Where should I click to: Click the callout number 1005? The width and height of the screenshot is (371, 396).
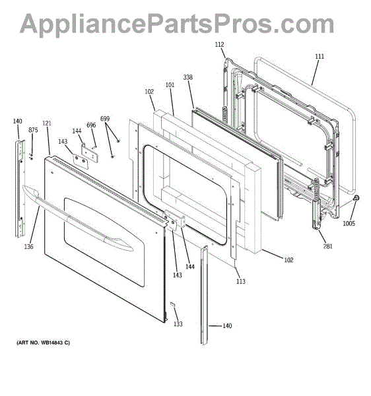349,223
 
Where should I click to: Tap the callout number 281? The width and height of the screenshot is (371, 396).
328,246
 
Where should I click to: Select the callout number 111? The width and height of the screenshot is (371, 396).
320,56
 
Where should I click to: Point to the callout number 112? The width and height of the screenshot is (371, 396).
219,44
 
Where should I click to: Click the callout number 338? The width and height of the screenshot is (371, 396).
188,77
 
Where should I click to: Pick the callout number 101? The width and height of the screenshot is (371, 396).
170,84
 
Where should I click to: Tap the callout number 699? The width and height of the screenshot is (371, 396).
105,118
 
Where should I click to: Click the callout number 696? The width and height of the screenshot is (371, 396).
91,125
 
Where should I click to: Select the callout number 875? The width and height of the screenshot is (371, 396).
33,130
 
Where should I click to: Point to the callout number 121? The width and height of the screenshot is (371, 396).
47,123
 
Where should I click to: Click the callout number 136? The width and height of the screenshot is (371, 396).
28,246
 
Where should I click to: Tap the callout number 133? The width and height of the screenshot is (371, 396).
178,324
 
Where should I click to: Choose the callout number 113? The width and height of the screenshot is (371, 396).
241,281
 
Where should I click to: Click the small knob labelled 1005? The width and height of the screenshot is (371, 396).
356,198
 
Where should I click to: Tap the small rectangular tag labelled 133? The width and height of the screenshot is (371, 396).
172,304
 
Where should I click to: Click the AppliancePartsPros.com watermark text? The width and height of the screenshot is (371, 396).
177,24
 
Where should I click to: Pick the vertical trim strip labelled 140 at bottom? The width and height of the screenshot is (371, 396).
205,295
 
